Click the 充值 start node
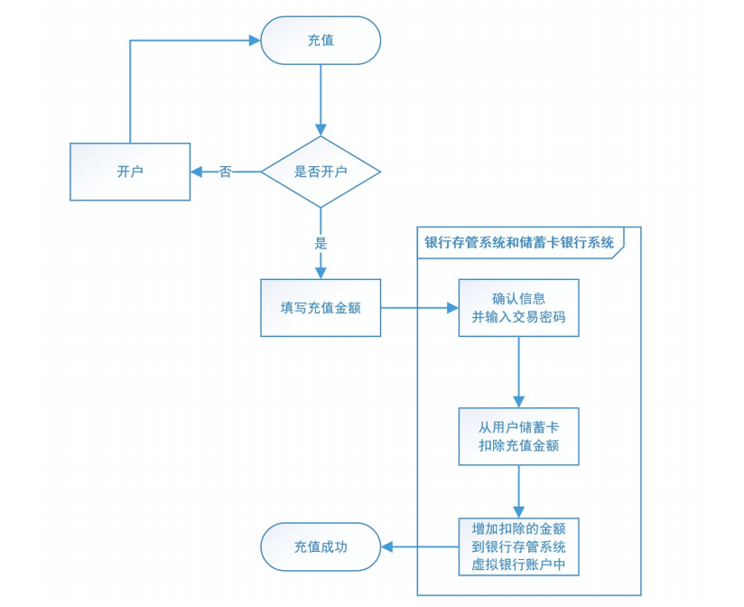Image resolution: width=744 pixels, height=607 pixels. tap(321, 41)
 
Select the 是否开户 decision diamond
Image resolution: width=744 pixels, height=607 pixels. tap(321, 172)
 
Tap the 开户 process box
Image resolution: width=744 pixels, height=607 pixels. tap(130, 172)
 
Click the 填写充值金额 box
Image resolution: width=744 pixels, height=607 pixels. tap(321, 308)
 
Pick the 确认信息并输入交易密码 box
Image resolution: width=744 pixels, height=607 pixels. tap(518, 308)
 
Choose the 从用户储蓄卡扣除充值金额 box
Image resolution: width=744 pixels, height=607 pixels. tap(518, 436)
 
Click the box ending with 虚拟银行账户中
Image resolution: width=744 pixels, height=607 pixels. tap(518, 547)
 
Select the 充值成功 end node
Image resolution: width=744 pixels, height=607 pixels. tap(321, 547)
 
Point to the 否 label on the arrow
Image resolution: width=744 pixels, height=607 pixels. tap(225, 172)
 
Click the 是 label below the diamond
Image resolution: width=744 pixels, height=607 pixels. tap(321, 243)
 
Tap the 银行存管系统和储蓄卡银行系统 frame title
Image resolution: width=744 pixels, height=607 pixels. tap(520, 242)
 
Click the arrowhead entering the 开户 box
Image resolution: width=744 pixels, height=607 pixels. tap(196, 172)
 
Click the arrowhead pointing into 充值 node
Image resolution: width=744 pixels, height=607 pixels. tap(255, 41)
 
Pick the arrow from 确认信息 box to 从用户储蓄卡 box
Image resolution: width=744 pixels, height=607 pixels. tap(518, 370)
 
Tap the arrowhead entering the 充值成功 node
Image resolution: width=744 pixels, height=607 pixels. tap(386, 547)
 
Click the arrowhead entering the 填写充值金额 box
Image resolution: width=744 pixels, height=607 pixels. tap(321, 273)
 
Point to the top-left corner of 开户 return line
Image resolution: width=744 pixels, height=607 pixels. tap(131, 41)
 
